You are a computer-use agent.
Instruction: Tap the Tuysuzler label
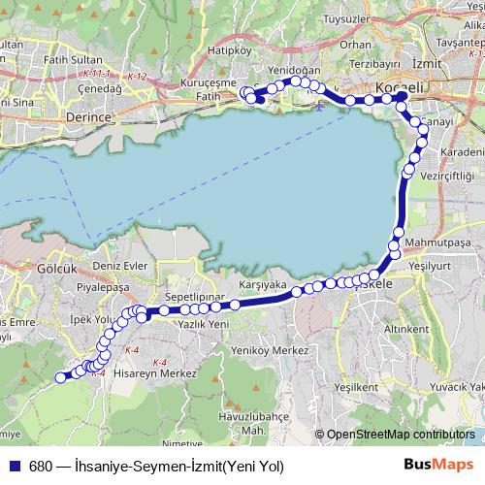click(x=348, y=17)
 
